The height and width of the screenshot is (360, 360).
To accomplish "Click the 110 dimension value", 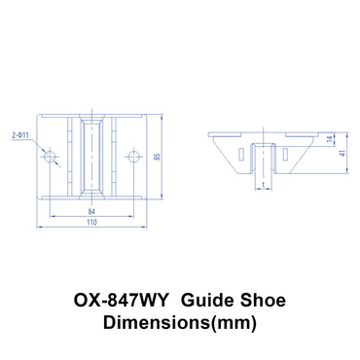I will [x=90, y=223].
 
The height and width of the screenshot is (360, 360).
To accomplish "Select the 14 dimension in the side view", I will [x=331, y=142].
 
